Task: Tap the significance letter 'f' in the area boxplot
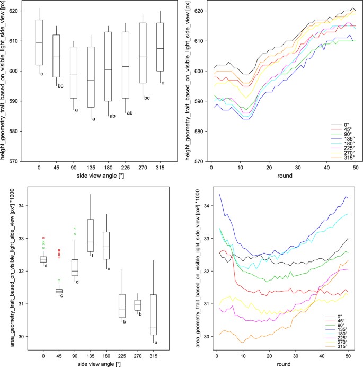[93, 255]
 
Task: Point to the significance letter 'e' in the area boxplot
[110, 269]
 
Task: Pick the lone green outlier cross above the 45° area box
[59, 280]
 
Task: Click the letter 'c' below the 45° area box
[61, 296]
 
